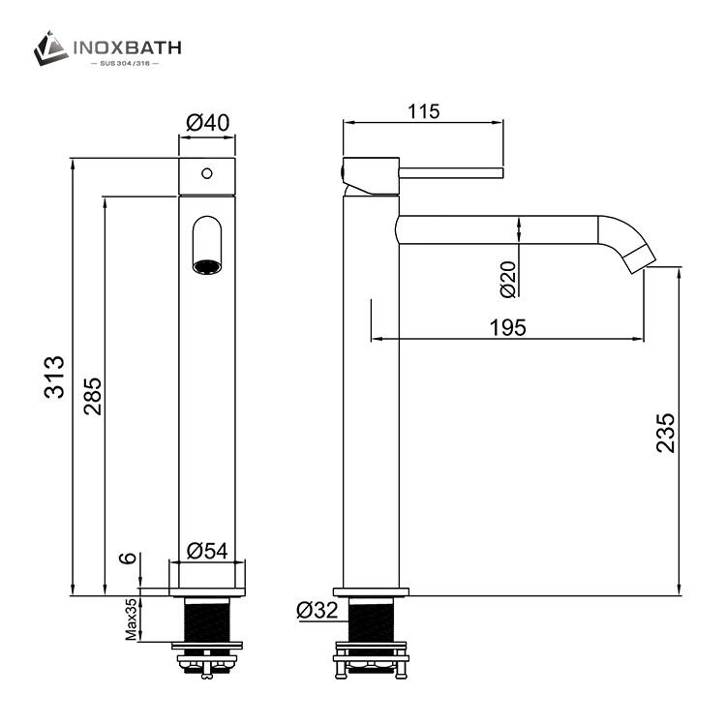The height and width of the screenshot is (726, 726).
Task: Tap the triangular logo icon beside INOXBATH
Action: (50, 47)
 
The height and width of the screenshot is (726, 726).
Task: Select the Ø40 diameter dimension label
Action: (206, 123)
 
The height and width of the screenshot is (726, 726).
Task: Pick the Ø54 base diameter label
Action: (206, 550)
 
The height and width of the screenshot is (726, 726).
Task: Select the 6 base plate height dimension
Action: (125, 560)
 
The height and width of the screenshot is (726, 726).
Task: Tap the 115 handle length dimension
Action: (423, 111)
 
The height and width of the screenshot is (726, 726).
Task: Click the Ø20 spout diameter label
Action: (507, 279)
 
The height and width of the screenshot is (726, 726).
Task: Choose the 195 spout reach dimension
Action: (507, 327)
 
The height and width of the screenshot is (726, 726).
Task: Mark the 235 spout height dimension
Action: (664, 433)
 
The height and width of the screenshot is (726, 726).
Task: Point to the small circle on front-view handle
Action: (205, 174)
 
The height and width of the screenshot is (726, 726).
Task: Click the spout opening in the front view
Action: (206, 265)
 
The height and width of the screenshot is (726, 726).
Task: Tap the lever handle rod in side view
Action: (452, 173)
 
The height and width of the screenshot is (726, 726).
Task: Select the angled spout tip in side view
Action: (639, 256)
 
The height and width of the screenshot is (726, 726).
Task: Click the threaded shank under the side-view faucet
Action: (372, 619)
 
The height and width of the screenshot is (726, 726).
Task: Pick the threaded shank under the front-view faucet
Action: (206, 619)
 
